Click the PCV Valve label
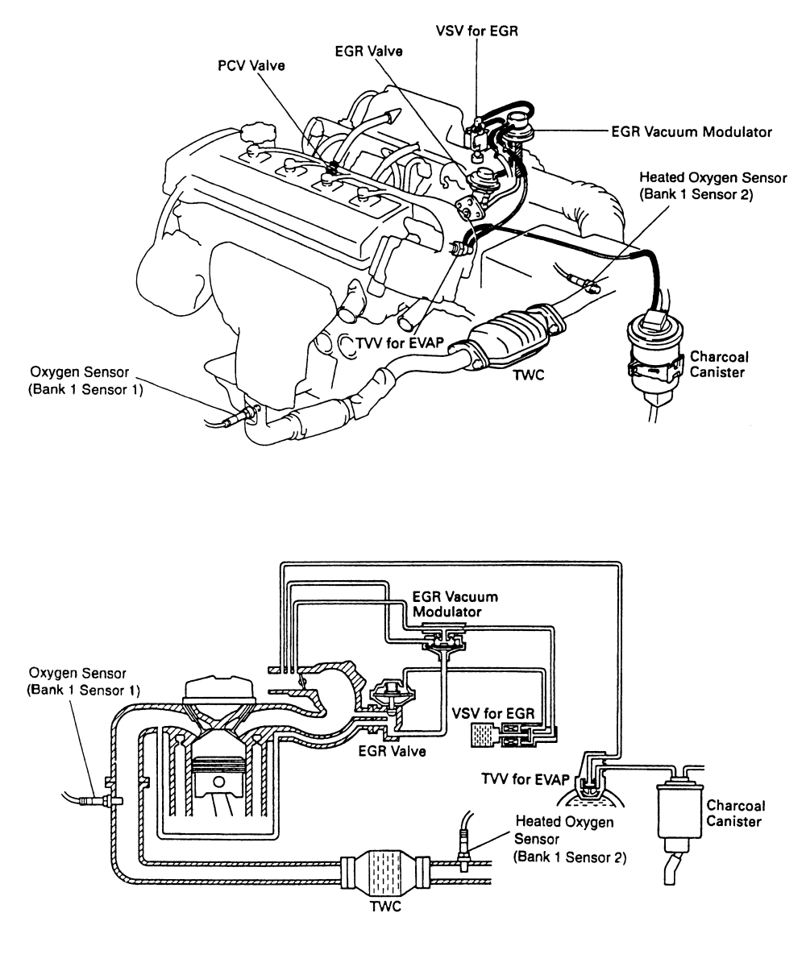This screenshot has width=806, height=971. (x=251, y=65)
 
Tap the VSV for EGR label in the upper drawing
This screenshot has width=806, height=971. (x=476, y=31)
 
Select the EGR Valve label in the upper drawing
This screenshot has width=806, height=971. (x=369, y=51)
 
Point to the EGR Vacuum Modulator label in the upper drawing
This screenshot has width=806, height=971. (x=691, y=132)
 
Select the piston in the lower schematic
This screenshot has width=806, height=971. (x=217, y=774)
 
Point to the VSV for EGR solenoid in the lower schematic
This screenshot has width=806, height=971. (x=513, y=735)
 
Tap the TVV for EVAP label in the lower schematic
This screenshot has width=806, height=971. (x=525, y=779)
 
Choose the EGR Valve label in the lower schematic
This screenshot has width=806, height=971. (x=392, y=751)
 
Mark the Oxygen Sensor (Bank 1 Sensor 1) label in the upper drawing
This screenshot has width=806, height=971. (x=85, y=381)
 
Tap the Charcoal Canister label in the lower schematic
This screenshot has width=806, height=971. (x=734, y=813)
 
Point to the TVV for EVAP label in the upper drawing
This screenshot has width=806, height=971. (x=400, y=342)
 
